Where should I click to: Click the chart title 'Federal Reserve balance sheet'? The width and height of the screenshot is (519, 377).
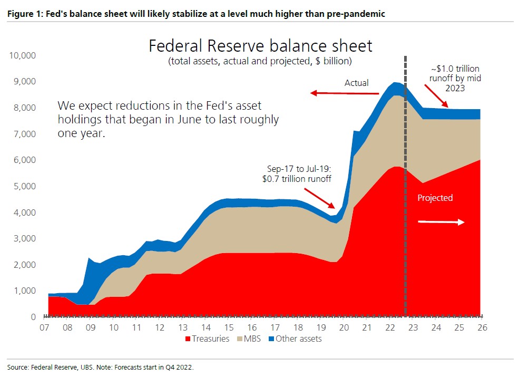point(260,46)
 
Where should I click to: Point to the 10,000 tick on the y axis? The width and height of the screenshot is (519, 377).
point(22,55)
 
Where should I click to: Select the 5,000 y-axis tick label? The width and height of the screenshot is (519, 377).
point(24,186)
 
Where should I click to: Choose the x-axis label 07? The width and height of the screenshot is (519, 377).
point(44,328)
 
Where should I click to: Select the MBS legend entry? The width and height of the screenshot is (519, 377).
point(250,339)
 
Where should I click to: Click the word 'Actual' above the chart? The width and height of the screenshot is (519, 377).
point(357,83)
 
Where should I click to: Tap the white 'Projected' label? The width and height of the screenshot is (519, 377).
point(435,198)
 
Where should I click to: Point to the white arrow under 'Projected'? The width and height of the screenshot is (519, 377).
point(441,222)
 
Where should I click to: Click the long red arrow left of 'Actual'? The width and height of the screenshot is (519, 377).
point(345,93)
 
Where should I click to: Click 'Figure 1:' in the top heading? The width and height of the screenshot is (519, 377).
point(23,14)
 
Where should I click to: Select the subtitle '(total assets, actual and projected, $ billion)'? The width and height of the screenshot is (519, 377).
point(260,61)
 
